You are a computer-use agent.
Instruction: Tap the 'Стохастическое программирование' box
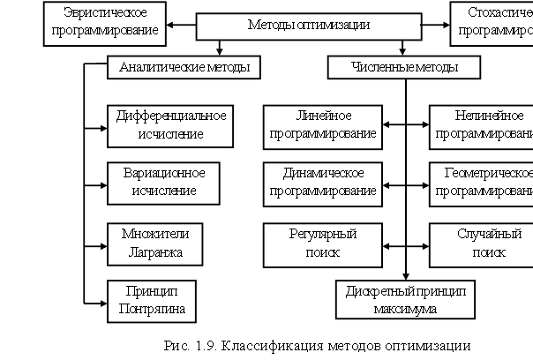point(492,23)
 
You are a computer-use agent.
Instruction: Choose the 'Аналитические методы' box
point(178,67)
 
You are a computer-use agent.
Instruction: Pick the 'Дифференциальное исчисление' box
point(171,124)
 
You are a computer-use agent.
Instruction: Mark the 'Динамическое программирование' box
point(324,181)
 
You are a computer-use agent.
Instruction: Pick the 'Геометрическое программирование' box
point(481,181)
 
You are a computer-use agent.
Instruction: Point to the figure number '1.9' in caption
point(206,345)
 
